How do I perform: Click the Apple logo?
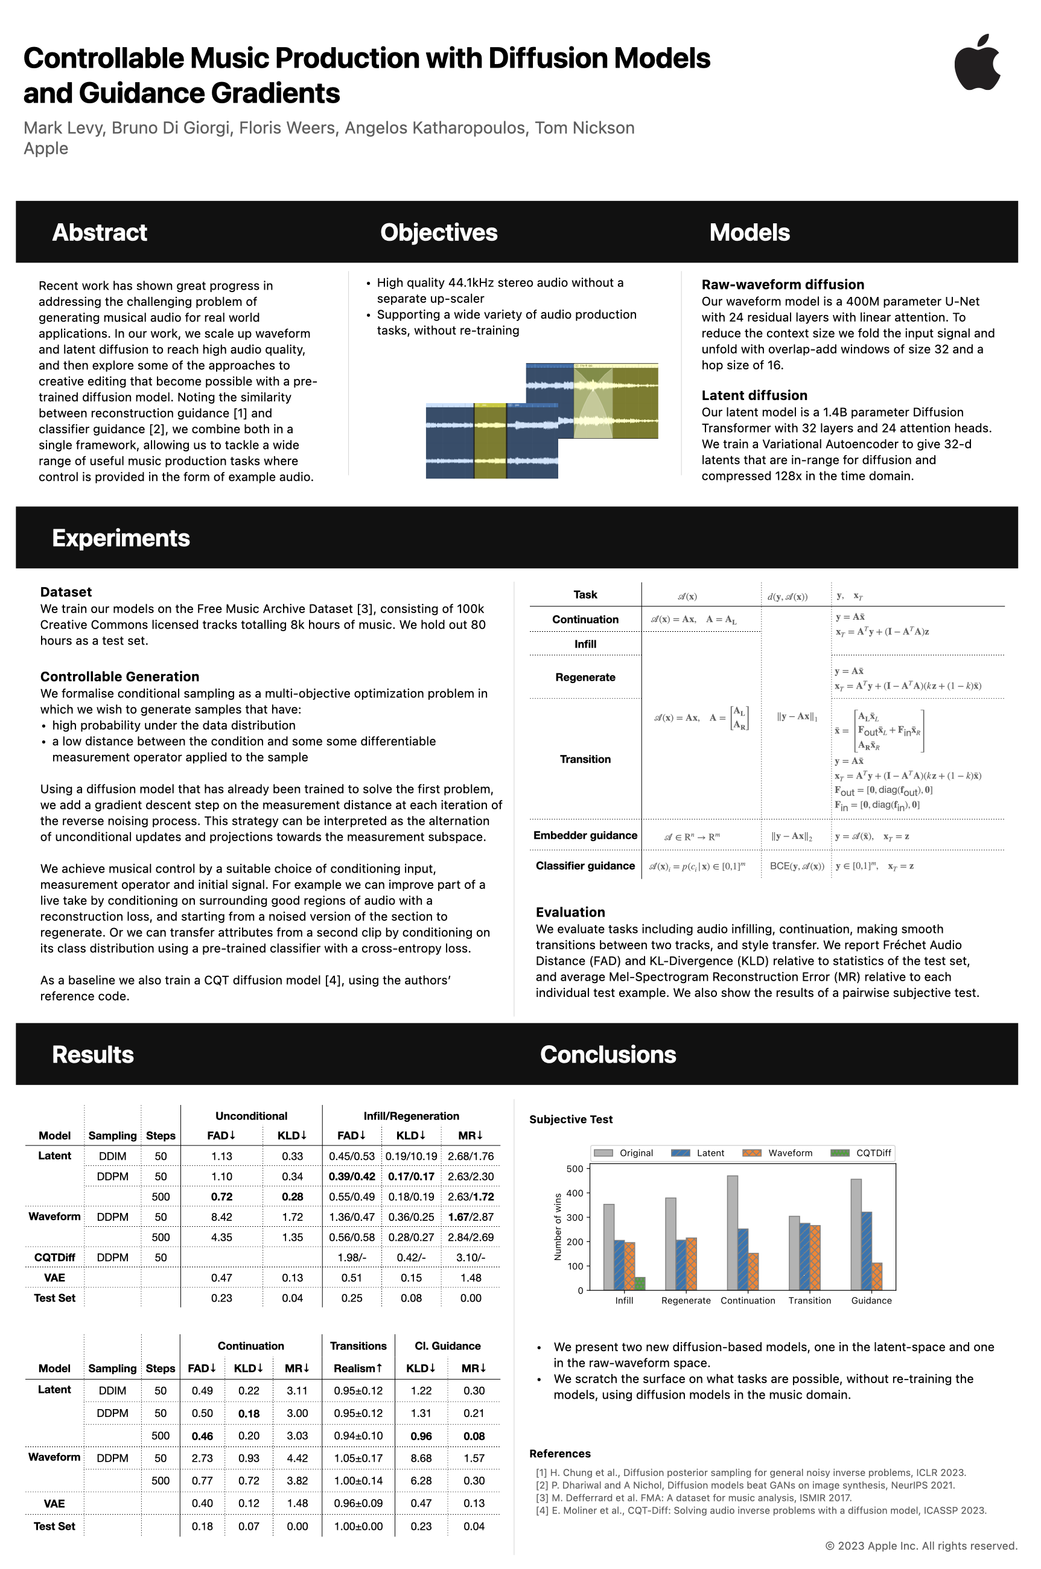coord(977,62)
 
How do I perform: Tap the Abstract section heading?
coord(100,232)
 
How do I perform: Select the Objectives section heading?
coord(438,232)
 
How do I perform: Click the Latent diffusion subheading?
coord(754,395)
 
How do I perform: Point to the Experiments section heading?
coord(121,538)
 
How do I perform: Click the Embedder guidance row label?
coord(585,836)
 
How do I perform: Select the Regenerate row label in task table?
coord(585,678)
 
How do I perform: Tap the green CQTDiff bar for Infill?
coord(640,1284)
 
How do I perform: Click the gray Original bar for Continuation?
coord(732,1233)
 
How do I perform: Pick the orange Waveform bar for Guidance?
coord(877,1276)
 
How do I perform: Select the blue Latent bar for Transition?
coord(804,1256)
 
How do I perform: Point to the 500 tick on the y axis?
coord(575,1169)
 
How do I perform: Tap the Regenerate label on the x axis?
coord(686,1301)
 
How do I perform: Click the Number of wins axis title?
coord(558,1227)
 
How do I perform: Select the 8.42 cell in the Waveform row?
coord(221,1217)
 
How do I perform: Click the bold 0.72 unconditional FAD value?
coord(221,1197)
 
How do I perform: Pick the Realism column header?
coord(358,1369)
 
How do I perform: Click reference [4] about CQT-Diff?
coord(761,1510)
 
